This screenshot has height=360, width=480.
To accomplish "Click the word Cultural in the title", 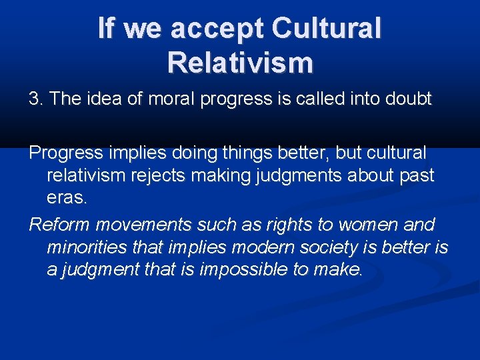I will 327,29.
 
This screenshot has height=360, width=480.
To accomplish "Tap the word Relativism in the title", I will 240,62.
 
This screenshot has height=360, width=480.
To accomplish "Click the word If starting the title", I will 109,29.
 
